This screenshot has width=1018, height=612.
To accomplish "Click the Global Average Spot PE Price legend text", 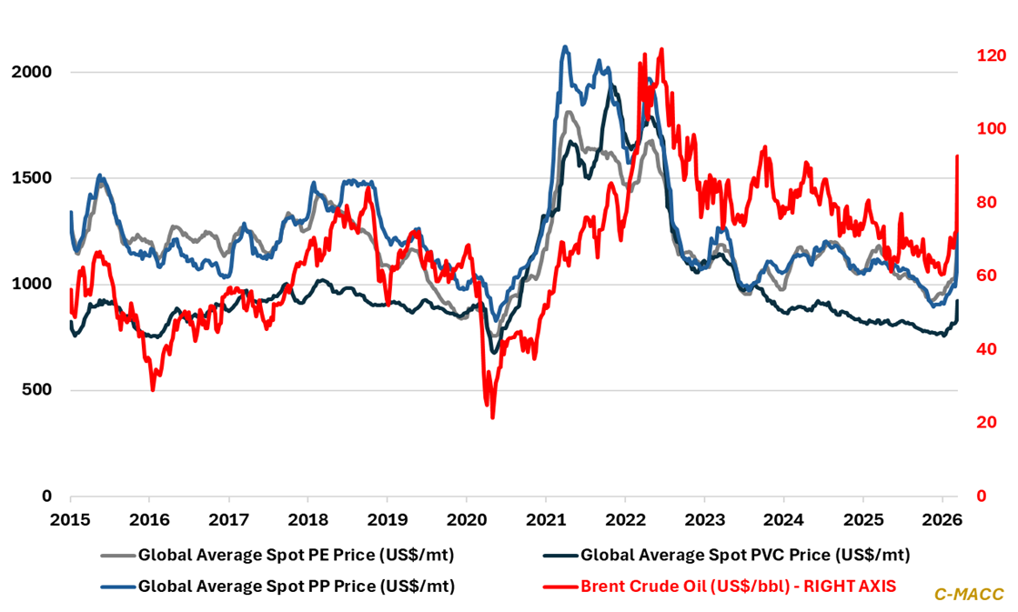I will click(296, 555).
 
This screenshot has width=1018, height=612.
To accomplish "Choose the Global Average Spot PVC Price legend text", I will click(744, 555).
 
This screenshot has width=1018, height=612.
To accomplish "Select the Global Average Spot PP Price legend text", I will click(296, 587).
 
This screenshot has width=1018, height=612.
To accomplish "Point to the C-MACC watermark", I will click(969, 594).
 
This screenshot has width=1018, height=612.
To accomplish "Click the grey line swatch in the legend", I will click(116, 555).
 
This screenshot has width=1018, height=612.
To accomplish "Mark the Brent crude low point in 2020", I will click(492, 417).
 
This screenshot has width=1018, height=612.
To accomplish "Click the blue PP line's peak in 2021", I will click(565, 46).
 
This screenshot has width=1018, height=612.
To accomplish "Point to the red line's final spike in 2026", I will click(957, 156).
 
